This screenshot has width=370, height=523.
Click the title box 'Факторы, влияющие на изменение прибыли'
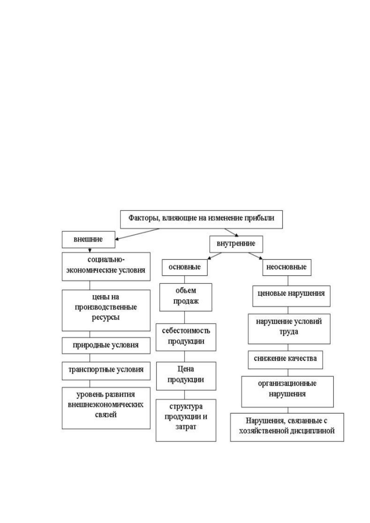click(x=201, y=219)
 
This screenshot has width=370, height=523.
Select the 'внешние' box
click(x=89, y=239)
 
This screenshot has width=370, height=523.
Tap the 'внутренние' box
click(x=236, y=244)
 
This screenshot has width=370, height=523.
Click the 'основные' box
click(x=185, y=267)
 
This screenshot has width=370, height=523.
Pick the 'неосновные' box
click(x=287, y=267)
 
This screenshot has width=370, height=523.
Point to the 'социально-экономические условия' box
click(x=106, y=266)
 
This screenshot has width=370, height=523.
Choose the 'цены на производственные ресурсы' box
click(x=106, y=310)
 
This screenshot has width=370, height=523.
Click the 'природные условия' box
click(x=106, y=345)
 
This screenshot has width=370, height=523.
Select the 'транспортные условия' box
click(x=106, y=371)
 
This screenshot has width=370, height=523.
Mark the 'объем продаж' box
click(x=186, y=297)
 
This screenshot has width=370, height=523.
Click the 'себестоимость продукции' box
click(x=186, y=337)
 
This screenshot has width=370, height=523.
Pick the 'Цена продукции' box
click(x=186, y=376)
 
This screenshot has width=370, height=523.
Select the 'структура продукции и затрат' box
click(x=186, y=420)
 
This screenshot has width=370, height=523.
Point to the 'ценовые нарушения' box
click(x=291, y=296)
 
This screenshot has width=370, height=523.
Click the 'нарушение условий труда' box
click(x=289, y=329)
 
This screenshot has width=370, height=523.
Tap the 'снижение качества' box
click(x=285, y=360)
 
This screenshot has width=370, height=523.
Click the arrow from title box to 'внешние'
click(x=137, y=234)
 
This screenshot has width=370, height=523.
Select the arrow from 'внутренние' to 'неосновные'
click(x=256, y=256)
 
